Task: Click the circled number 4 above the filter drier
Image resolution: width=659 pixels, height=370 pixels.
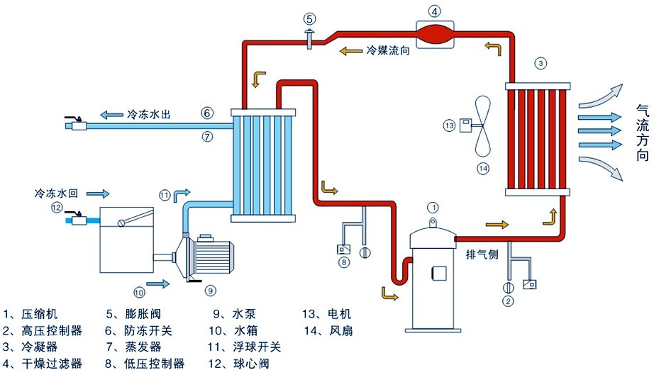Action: [435, 11]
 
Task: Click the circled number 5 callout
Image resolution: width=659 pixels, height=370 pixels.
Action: [310, 18]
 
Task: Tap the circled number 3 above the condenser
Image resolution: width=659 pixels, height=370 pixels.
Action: [541, 64]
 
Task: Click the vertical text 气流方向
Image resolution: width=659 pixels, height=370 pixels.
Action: [642, 133]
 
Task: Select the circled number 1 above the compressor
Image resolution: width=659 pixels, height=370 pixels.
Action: [433, 207]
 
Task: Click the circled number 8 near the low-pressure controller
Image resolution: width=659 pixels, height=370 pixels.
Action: [345, 263]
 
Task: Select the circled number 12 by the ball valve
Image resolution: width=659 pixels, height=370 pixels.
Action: [57, 207]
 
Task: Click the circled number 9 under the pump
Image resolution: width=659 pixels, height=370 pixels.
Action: [210, 290]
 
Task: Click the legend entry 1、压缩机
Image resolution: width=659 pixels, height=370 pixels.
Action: [33, 314]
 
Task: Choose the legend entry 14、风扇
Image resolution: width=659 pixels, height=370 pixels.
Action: [327, 331]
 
